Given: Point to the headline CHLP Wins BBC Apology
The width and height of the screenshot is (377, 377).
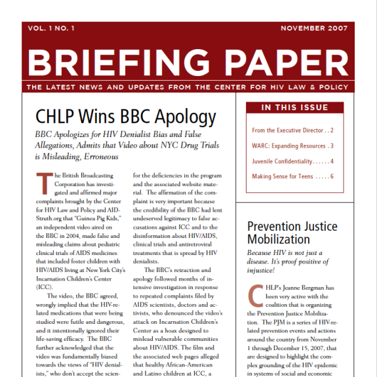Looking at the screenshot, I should pos(125,117).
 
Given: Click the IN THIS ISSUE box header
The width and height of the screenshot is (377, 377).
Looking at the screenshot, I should pos(295,108).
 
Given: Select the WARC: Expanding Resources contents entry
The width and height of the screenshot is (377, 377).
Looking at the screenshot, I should pos(288,146).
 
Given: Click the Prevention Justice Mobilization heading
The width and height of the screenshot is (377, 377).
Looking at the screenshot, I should pos(292,233).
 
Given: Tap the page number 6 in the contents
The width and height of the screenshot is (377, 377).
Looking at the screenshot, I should pos(332,176).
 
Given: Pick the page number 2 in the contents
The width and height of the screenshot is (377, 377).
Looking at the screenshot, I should pos(332,130).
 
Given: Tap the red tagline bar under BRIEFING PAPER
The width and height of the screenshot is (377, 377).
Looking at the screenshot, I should pos(188,87).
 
